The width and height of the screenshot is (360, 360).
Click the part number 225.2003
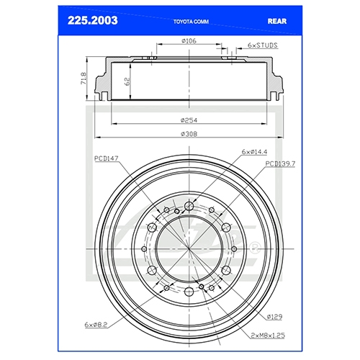coord(93,21)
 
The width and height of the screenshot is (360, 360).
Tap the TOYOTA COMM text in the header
coord(191,22)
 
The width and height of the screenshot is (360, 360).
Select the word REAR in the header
coord(277,21)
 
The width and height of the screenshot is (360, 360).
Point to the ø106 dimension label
coord(189,41)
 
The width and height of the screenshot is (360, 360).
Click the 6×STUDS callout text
coord(263,45)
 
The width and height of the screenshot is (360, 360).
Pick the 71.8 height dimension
coord(84,78)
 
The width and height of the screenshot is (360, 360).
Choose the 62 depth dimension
coord(127,81)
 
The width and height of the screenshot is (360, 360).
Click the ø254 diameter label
coord(189,120)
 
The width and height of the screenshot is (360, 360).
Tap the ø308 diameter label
coord(189,134)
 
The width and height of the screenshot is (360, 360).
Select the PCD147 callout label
coord(107,158)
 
